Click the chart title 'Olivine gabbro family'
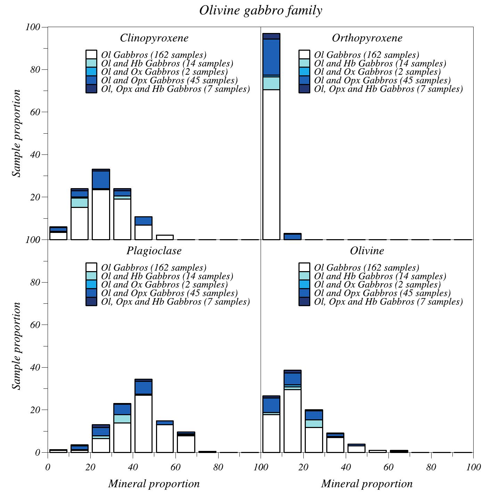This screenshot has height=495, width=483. tap(261, 11)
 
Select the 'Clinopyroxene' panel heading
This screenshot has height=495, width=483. tap(154, 38)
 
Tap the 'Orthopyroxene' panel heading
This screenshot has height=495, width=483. tap(367, 38)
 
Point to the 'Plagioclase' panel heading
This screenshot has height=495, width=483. tap(154, 251)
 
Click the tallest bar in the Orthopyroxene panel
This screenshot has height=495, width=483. tap(271, 139)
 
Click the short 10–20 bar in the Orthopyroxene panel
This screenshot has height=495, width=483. tap(293, 237)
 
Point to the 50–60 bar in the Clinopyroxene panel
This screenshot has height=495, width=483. tap(165, 237)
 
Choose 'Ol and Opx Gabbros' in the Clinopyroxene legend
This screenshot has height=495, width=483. tap(169, 81)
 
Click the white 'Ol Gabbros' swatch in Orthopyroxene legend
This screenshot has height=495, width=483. tap(304, 55)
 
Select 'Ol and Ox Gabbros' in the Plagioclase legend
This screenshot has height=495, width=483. tap(164, 285)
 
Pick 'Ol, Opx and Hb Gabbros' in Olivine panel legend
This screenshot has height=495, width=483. tap(388, 302)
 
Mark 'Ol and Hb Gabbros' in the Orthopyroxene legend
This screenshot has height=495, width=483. tap(380, 64)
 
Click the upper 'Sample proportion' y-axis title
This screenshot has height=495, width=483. tap(16, 133)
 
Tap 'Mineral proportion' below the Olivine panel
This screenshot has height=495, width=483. tap(367, 484)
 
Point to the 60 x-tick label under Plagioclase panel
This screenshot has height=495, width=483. tap(175, 467)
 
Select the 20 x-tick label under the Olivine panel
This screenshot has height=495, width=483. tap(303, 467)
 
